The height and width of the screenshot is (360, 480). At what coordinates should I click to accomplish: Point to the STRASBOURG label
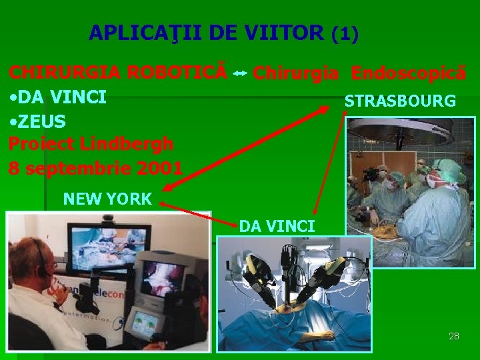(400, 101)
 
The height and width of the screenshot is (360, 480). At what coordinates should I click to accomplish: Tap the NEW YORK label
(107, 198)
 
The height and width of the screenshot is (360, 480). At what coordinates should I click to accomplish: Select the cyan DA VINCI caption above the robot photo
(277, 226)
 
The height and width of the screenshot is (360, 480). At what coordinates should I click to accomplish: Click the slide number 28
(454, 336)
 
